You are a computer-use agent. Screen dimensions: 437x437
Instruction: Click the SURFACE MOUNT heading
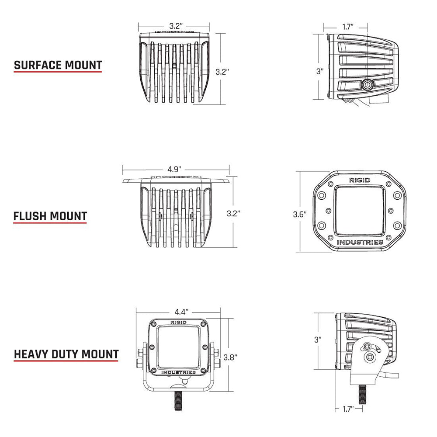(x=58, y=66)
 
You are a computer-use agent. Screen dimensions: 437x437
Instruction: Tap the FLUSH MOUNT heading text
(x=50, y=216)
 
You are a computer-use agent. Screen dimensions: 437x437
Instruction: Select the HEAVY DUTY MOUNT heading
(x=66, y=354)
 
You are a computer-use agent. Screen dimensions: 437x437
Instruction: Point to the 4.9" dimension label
(x=174, y=169)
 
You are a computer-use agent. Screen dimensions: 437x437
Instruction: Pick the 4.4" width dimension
(x=181, y=312)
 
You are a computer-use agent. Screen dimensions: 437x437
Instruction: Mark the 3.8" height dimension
(x=230, y=357)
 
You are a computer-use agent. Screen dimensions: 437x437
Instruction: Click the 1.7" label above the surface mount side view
(x=348, y=27)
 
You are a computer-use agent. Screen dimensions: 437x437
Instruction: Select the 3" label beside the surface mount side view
(x=320, y=71)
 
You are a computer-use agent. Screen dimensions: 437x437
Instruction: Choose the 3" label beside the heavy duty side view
(x=318, y=339)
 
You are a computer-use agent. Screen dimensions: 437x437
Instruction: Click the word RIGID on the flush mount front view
(x=359, y=180)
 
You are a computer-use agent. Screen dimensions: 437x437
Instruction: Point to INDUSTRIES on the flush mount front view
(x=360, y=242)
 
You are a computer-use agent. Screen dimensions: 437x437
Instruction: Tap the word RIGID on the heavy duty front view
(x=178, y=322)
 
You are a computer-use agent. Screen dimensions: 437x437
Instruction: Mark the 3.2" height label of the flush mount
(x=234, y=214)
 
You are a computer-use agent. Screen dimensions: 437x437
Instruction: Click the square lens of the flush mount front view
(x=359, y=210)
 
